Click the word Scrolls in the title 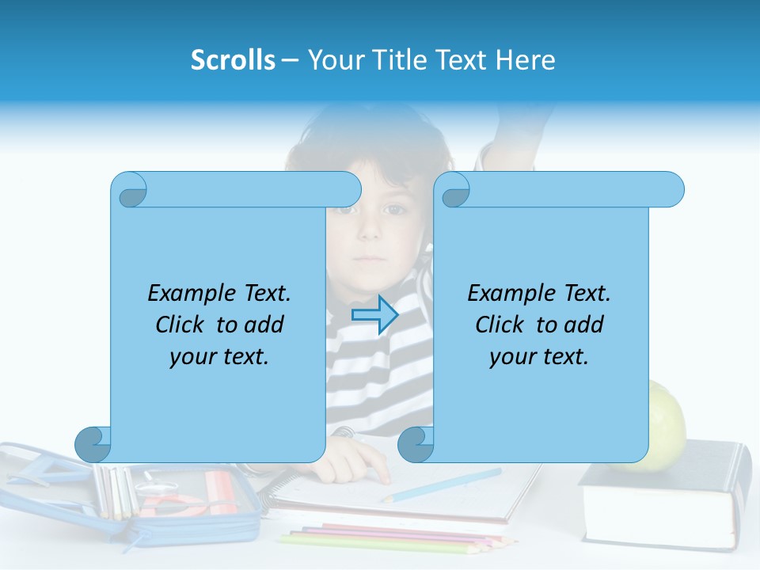[233, 60]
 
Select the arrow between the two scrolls [374, 314]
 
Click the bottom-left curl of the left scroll [93, 444]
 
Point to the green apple [667, 424]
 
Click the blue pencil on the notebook [443, 485]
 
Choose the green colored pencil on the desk [356, 543]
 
